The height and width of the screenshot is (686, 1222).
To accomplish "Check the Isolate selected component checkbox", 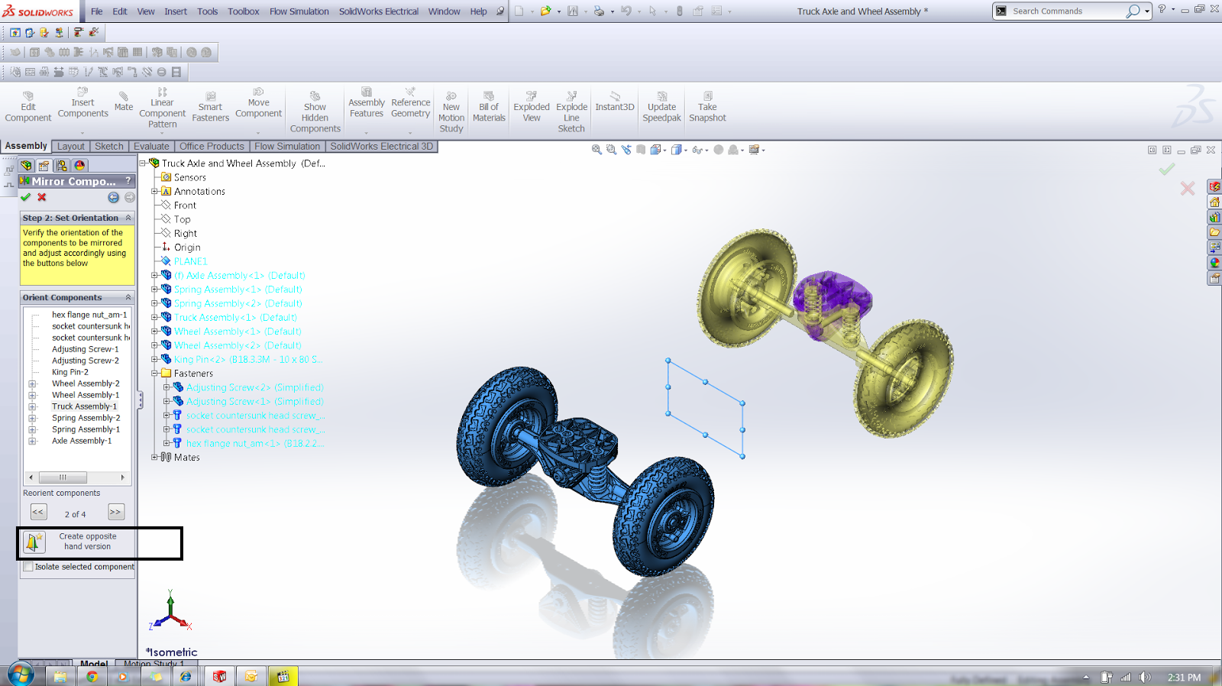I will click(x=28, y=567).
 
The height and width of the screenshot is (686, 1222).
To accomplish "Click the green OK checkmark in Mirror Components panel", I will click(x=26, y=197).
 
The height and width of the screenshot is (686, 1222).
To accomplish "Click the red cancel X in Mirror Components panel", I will click(x=42, y=197).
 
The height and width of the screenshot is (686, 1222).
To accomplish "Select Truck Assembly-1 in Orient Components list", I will click(x=84, y=406).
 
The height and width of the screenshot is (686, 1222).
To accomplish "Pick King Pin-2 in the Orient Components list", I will click(x=70, y=372).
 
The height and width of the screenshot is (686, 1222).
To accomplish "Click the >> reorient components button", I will click(x=115, y=512).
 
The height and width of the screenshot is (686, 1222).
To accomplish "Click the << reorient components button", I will click(x=38, y=512).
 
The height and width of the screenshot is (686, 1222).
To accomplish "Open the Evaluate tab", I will click(x=151, y=146).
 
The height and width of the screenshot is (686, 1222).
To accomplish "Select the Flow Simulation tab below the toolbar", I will click(x=287, y=146).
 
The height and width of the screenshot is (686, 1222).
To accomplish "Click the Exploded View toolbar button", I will click(x=532, y=107).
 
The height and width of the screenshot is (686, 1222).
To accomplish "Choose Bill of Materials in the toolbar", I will click(x=489, y=107).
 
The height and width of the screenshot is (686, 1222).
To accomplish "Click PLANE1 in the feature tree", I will click(x=190, y=261).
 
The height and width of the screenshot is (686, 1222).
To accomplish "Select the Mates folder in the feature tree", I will click(x=186, y=458).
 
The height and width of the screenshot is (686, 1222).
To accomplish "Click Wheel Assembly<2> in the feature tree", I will click(x=237, y=345).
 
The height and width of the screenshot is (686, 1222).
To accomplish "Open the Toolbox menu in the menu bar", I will click(x=243, y=11).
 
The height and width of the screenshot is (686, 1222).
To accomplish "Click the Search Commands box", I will click(x=1065, y=11).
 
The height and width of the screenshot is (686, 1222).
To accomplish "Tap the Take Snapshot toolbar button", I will click(x=707, y=107).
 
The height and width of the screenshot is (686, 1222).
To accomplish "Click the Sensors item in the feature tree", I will click(x=189, y=177).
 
